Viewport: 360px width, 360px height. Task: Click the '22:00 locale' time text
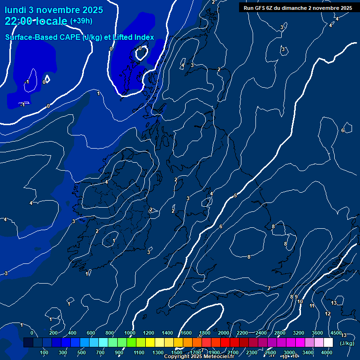pyautogui.click(x=36, y=21)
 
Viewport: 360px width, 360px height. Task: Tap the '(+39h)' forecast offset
pyautogui.click(x=81, y=21)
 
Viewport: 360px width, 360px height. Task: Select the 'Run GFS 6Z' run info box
pyautogui.click(x=298, y=8)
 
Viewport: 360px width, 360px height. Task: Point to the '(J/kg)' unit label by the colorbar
pyautogui.click(x=347, y=343)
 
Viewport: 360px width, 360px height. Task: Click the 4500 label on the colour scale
pyautogui.click(x=336, y=333)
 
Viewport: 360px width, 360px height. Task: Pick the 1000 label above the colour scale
pyautogui.click(x=130, y=333)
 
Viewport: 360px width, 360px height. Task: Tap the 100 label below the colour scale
pyautogui.click(x=44, y=352)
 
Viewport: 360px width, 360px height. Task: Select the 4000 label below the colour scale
pyautogui.click(x=327, y=352)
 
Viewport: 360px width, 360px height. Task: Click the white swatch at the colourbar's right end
pyautogui.click(x=328, y=343)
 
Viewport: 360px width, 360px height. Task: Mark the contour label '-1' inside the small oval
pyautogui.click(x=27, y=82)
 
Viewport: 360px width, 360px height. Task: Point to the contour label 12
pyautogui.click(x=328, y=314)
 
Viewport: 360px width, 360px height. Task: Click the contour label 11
pyautogui.click(x=312, y=306)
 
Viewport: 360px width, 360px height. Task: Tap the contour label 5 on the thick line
pyautogui.click(x=235, y=195)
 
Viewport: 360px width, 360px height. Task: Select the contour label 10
pyautogui.click(x=300, y=301)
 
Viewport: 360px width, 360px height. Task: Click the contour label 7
pyautogui.click(x=269, y=288)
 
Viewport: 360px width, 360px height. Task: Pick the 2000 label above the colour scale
pyautogui.click(x=224, y=333)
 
